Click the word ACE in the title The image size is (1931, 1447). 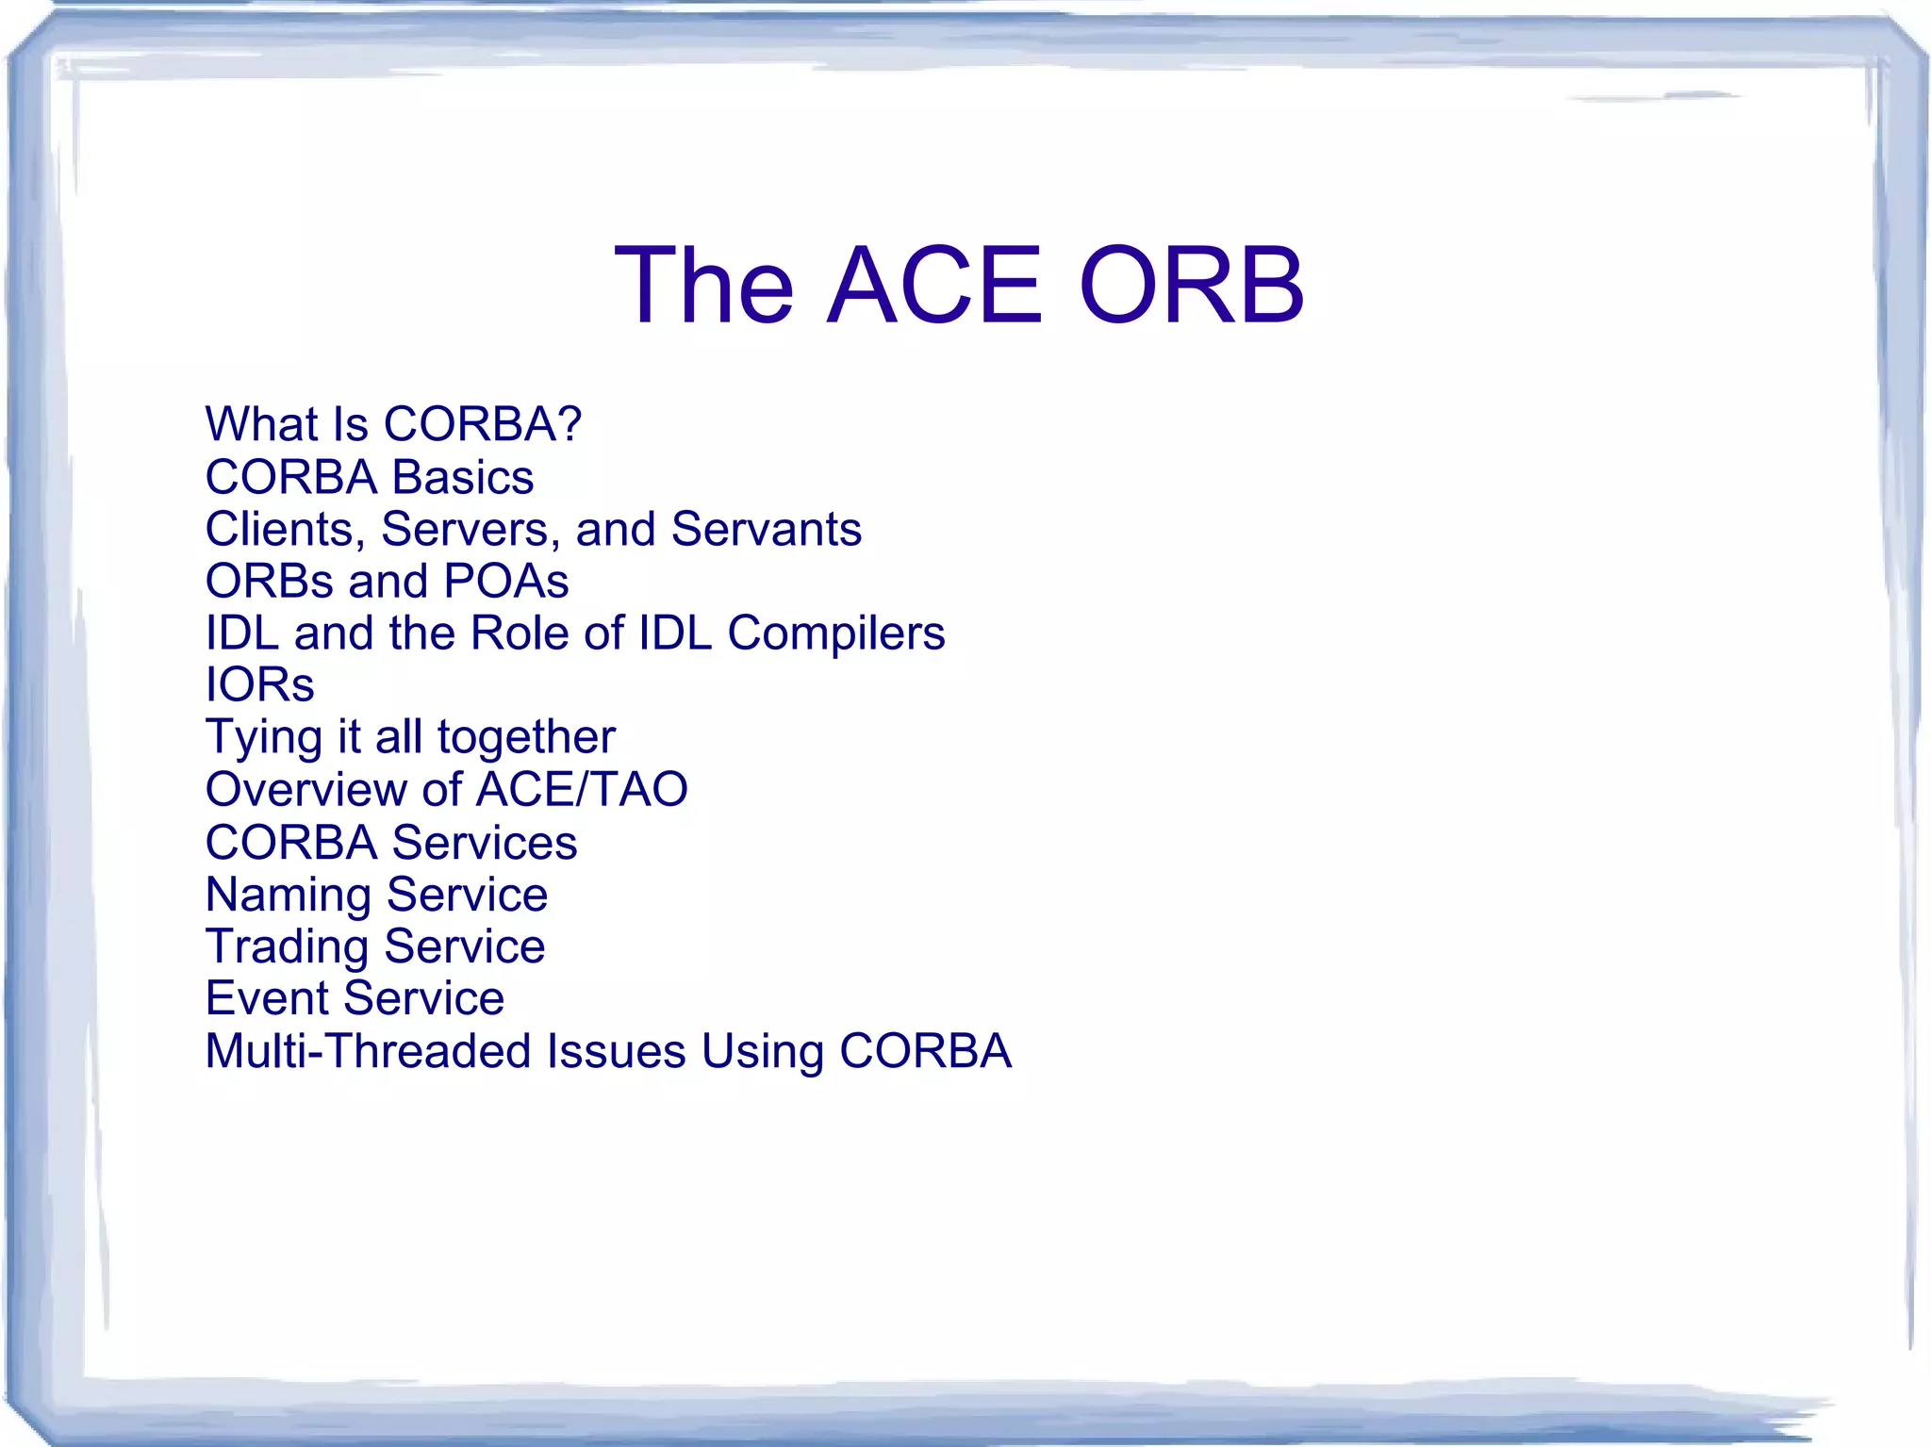(934, 285)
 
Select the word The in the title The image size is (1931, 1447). (703, 285)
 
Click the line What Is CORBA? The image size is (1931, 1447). (393, 424)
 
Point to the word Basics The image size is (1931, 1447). (462, 477)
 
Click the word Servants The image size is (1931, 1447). (766, 529)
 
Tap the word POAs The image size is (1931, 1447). (505, 581)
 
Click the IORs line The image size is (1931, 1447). (259, 684)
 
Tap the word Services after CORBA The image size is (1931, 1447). (484, 842)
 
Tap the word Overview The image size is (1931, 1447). (306, 789)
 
